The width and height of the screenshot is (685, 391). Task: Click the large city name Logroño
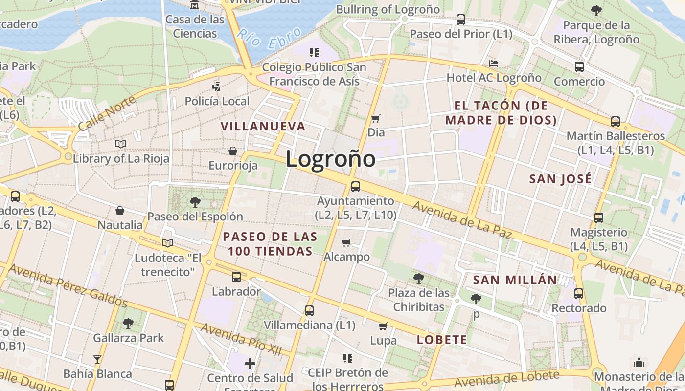coord(330,159)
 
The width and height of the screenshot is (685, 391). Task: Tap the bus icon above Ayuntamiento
coord(356,186)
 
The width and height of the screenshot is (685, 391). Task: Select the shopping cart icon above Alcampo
coord(346,242)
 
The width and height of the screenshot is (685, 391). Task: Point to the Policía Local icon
coord(216,87)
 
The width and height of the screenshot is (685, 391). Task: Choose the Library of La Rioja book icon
coord(120,144)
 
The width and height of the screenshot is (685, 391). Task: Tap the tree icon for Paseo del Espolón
coord(195,202)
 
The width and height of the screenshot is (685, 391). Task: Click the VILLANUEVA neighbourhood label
coord(263,126)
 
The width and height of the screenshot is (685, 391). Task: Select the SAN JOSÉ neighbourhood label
coord(560,179)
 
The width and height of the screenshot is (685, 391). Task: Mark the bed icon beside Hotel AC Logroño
coord(494,64)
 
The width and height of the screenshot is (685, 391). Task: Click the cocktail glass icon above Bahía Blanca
coord(97,360)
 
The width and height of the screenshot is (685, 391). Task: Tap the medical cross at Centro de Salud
coord(250,363)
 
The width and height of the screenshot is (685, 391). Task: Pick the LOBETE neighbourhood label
coord(442,340)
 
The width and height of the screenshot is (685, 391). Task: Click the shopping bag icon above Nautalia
coord(119,211)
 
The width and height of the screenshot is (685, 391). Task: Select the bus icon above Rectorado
coord(579,294)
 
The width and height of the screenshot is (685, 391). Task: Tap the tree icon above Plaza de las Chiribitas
coord(418,279)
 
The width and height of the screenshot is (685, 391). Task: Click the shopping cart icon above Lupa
coord(383,326)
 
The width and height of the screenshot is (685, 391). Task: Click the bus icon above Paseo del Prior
coord(460,20)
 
